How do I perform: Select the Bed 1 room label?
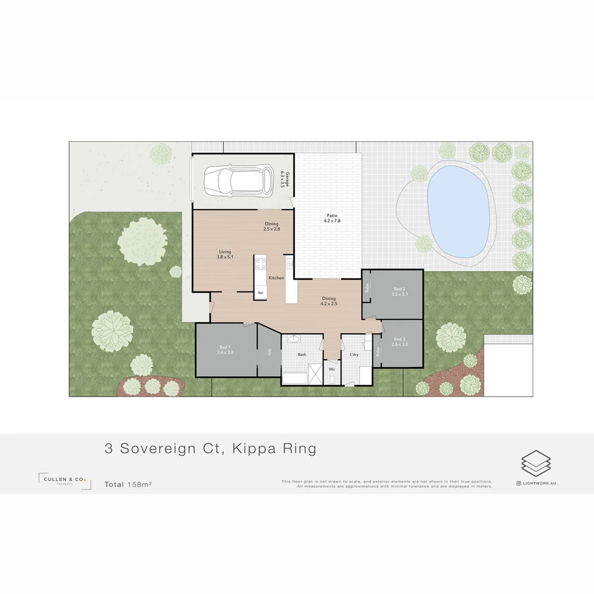pyautogui.click(x=226, y=350)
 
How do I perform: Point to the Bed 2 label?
pyautogui.click(x=399, y=291)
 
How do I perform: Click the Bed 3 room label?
pyautogui.click(x=399, y=342)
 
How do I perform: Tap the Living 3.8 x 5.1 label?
pyautogui.click(x=225, y=254)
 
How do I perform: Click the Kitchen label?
pyautogui.click(x=276, y=278)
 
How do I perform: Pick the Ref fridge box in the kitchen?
pyautogui.click(x=260, y=293)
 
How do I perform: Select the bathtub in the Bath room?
pyautogui.click(x=294, y=378)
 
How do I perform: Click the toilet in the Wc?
pyautogui.click(x=332, y=379)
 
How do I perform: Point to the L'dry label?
pyautogui.click(x=354, y=355)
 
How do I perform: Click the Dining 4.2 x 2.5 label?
pyautogui.click(x=328, y=301)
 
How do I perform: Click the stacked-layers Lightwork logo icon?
pyautogui.click(x=536, y=463)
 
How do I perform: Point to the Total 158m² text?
pyautogui.click(x=128, y=485)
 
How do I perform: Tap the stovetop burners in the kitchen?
pyautogui.click(x=260, y=263)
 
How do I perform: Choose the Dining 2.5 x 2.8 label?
pyautogui.click(x=272, y=226)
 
